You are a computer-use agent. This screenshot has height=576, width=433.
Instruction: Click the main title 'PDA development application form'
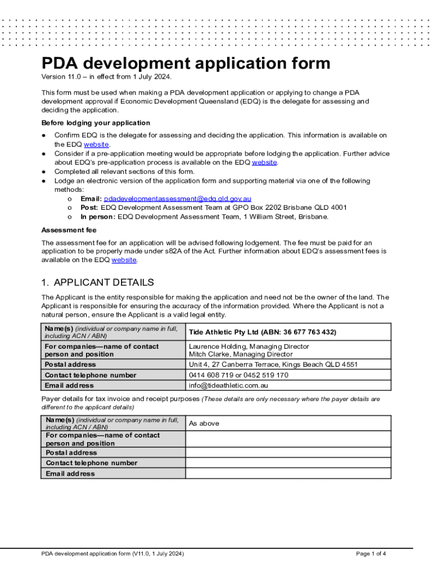pos(186,62)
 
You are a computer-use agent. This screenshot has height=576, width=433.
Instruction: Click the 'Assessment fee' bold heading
pos(69,230)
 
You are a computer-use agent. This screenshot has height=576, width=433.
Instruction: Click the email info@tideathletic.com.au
pos(228,386)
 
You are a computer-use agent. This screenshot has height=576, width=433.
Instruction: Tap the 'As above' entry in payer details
pos(204,424)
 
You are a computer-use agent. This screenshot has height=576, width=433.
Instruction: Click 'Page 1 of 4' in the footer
pos(371,554)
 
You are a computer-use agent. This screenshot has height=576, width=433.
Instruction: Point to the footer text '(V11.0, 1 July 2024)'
pos(158,554)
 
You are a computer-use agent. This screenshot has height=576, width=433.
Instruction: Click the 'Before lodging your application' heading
pos(96,123)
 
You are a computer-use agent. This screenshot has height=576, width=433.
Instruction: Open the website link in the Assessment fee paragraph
pos(124,260)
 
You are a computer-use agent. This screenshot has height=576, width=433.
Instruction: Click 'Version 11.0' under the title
pos(61,77)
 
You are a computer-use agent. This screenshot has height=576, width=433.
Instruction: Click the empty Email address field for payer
pos(288,474)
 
